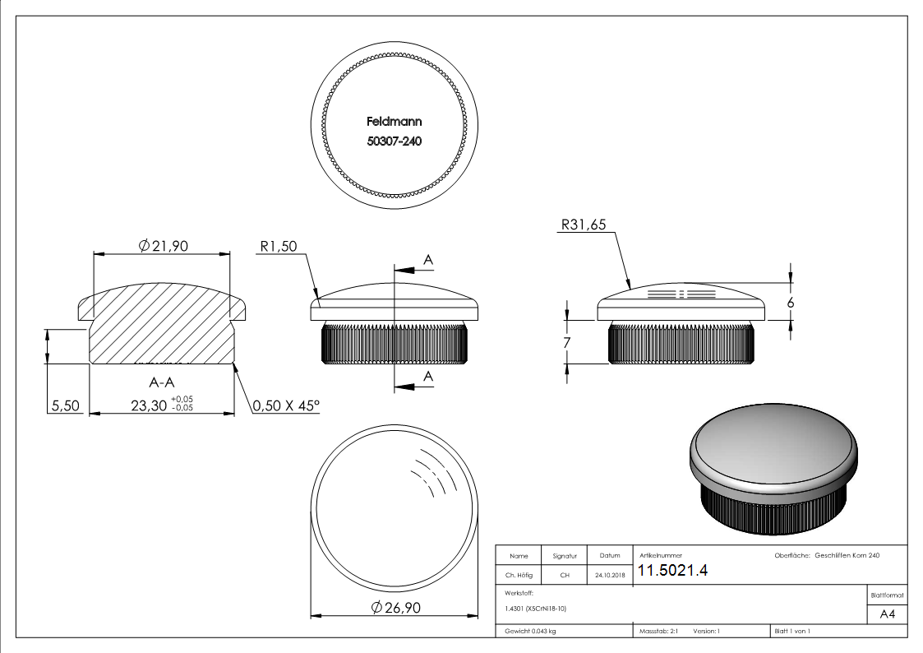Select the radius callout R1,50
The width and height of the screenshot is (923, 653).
277,245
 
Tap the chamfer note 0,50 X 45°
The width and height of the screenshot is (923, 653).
285,405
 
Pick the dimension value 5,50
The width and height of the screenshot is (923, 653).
65,405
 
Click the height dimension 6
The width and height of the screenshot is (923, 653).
791,303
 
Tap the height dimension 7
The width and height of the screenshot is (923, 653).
567,342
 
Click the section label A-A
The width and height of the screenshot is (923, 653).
161,382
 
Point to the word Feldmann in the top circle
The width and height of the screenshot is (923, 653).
394,121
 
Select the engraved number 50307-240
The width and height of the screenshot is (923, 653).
394,141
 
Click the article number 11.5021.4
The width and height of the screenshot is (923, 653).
673,572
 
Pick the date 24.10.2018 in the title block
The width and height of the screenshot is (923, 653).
609,576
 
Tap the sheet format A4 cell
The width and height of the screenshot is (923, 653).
887,614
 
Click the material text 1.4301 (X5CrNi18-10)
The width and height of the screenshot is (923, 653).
536,609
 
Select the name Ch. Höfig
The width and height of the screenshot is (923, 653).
520,576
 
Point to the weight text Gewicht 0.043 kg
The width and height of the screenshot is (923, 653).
530,631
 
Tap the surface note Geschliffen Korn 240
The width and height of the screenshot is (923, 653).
847,556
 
